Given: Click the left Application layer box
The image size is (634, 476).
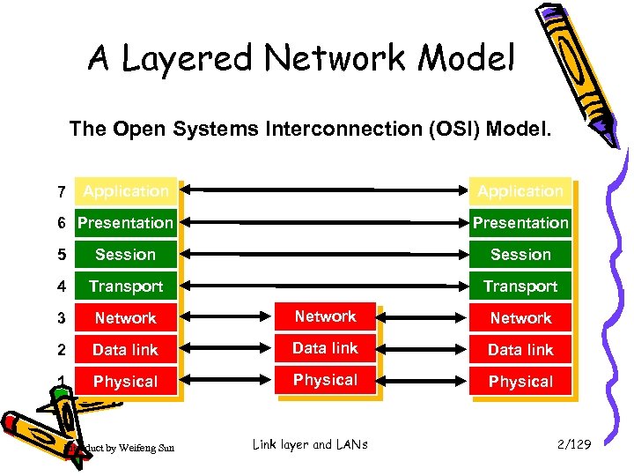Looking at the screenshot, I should coord(125,191).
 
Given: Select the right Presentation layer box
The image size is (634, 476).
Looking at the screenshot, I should coord(520,223).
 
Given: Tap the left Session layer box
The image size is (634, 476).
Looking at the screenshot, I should coord(125,255).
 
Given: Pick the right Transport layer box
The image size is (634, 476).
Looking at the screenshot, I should coord(520,286).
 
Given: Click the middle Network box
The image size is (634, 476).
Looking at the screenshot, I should coord(326,316).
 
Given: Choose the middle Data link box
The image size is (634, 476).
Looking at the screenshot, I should coord(326,348).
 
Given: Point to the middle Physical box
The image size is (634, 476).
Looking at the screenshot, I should coord(326,380).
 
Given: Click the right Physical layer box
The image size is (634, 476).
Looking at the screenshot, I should coord(520,382).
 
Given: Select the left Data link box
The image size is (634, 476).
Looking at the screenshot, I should coord(125,350).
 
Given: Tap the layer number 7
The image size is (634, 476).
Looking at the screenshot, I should coord(61,192).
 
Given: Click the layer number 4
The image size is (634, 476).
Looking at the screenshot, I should coord(61,286).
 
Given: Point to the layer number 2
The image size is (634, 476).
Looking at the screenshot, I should coord(61,350).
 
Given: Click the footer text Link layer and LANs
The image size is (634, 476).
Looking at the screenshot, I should coord(310,445).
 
